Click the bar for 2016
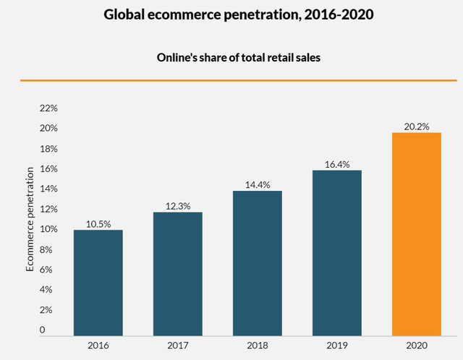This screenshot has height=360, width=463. pyautogui.click(x=98, y=283)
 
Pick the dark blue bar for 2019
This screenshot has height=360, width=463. pyautogui.click(x=337, y=253)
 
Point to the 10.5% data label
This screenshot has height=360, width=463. pyautogui.click(x=98, y=223)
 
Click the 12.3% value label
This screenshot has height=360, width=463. pyautogui.click(x=177, y=206)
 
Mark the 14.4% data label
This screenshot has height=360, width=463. pyautogui.click(x=258, y=185)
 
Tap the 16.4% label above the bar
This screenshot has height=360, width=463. pyautogui.click(x=337, y=164)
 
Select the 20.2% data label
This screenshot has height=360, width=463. pyautogui.click(x=417, y=127)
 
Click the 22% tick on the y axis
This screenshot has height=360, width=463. pyautogui.click(x=48, y=108)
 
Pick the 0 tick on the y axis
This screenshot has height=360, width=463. pyautogui.click(x=43, y=330)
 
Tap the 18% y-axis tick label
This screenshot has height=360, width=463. pyautogui.click(x=48, y=149)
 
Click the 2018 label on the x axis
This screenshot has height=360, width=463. pyautogui.click(x=257, y=346)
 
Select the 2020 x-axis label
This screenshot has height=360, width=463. pyautogui.click(x=416, y=346)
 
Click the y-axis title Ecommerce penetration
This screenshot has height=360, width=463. pyautogui.click(x=30, y=219)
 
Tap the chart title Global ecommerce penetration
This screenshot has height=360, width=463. pyautogui.click(x=231, y=14)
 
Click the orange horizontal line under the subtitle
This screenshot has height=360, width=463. pyautogui.click(x=231, y=80)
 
